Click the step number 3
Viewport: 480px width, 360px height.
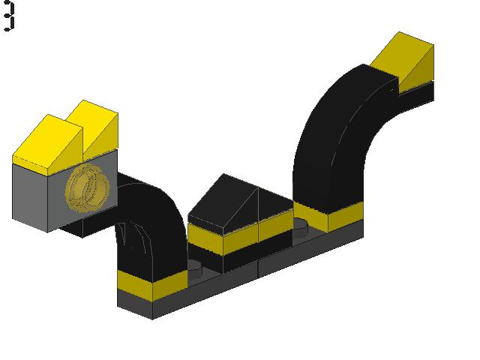pos(9,16)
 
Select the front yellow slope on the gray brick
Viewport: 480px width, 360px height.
pos(47,145)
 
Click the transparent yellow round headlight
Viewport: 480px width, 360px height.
pos(87,188)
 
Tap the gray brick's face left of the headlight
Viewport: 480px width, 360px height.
pos(30,196)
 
